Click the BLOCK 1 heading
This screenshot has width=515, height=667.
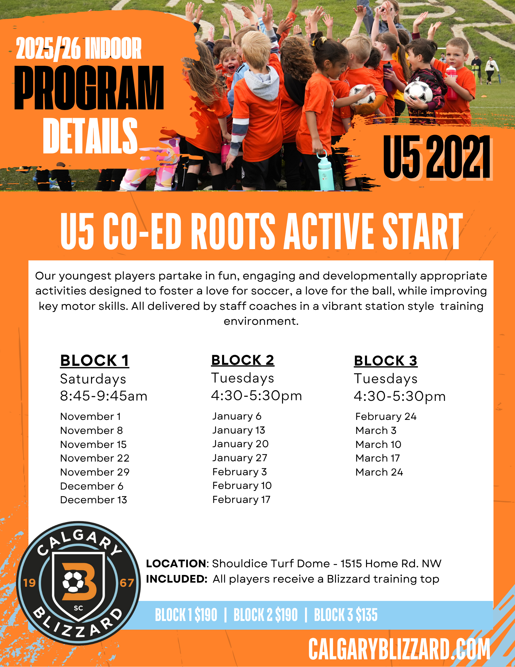[95, 361]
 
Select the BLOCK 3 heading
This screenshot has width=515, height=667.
[386, 361]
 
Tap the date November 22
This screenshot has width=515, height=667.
[95, 458]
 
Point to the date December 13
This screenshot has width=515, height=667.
[94, 500]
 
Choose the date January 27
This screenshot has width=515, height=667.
[240, 458]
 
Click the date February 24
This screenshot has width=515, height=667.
[386, 417]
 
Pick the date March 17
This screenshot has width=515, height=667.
[378, 458]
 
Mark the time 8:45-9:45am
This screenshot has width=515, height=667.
[104, 396]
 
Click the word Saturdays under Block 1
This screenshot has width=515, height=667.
[93, 379]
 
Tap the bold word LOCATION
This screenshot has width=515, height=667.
[176, 564]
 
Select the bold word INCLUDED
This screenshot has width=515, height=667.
[176, 579]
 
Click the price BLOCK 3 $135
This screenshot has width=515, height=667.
[346, 615]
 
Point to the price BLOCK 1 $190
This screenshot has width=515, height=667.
[186, 615]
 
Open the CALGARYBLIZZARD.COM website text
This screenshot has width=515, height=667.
[399, 649]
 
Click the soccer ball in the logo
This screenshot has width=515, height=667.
[73, 582]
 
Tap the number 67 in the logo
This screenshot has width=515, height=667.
[127, 583]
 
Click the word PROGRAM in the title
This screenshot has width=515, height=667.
[89, 88]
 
